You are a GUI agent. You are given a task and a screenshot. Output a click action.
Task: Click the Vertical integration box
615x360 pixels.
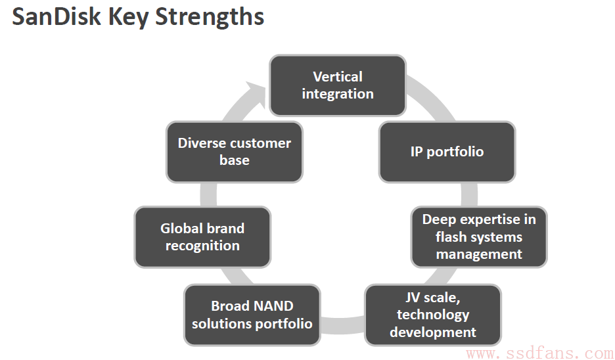point(337,85)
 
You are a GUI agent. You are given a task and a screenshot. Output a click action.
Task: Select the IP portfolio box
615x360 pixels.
point(447,152)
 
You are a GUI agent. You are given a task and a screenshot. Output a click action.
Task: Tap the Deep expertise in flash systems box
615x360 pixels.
point(479,237)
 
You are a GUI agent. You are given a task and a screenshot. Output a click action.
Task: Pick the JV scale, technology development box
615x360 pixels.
point(433,315)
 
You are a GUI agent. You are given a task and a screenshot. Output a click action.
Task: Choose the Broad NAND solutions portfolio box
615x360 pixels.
point(252,315)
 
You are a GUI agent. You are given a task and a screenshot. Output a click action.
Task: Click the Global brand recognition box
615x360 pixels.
point(202,237)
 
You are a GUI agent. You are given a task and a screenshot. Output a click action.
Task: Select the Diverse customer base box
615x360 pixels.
point(235,152)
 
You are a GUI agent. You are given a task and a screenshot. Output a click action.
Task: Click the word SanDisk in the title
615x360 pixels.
point(56,17)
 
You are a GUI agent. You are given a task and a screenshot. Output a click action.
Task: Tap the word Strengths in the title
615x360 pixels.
point(210,18)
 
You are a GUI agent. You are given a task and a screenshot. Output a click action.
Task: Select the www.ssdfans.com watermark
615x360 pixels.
point(540,353)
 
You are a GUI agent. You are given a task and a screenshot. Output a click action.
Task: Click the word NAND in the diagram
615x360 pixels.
point(275,306)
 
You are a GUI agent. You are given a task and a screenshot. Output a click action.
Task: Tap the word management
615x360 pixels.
point(479,254)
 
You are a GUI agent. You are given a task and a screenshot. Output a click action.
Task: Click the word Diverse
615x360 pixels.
point(201,143)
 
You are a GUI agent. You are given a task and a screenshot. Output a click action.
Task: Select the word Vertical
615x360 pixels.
point(338,76)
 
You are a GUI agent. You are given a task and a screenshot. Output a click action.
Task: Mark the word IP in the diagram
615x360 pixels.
point(417,152)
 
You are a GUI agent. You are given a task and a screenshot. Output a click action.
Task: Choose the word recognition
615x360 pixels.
point(202,246)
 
